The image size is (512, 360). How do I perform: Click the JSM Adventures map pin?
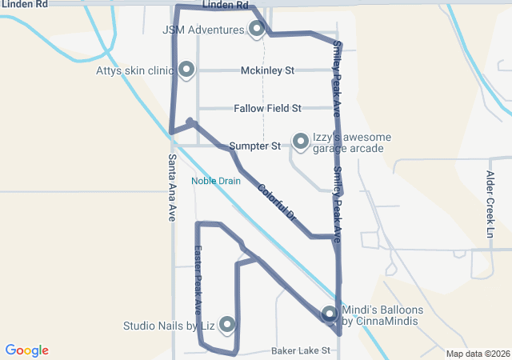click(257, 30)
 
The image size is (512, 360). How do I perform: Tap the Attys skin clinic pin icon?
click(187, 70)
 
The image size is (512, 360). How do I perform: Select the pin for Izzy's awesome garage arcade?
click(301, 142)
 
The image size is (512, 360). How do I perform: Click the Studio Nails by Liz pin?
click(227, 324)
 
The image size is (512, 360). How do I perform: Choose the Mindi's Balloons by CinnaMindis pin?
click(330, 314)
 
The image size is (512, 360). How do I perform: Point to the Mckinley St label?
click(268, 70)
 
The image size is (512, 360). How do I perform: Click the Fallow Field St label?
click(267, 108)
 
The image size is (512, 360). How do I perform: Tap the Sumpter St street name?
click(254, 146)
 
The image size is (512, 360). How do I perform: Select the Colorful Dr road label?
click(277, 203)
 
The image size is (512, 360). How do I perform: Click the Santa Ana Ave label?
click(172, 187)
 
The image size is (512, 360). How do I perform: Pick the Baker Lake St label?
click(301, 351)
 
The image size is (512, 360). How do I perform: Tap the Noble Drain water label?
click(216, 181)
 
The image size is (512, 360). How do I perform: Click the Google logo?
click(27, 350)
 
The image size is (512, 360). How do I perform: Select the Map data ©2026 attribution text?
click(478, 354)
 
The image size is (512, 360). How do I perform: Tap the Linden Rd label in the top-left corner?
click(19, 5)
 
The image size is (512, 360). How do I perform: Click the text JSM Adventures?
click(203, 30)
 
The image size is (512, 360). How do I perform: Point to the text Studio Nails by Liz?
click(169, 326)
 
